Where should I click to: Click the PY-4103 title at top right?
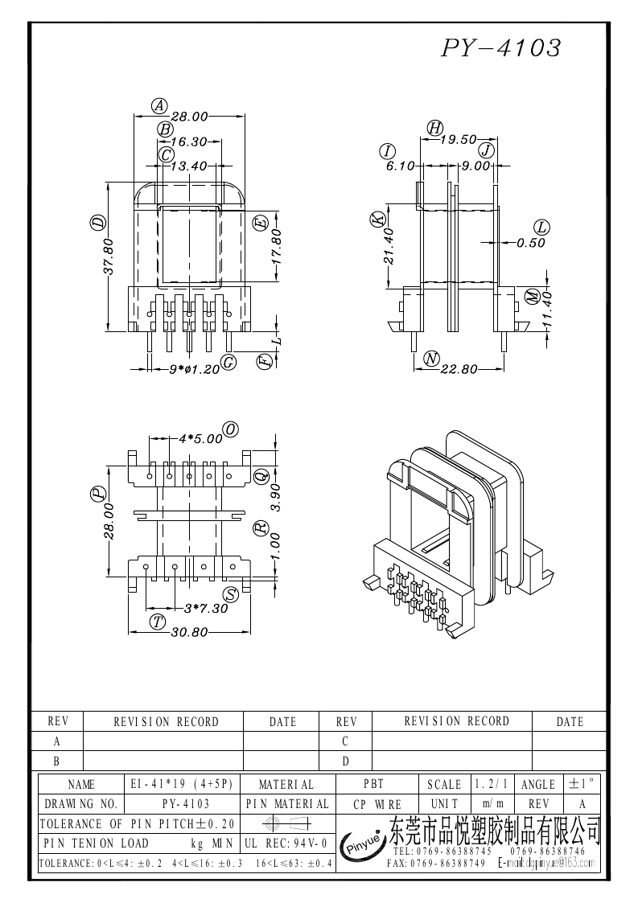[500, 48]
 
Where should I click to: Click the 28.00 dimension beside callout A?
[189, 117]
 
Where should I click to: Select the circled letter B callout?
[164, 129]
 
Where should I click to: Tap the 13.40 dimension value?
[189, 166]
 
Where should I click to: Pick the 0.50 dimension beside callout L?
[531, 242]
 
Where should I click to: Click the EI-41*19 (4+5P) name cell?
[181, 784]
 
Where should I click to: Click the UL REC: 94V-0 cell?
[285, 843]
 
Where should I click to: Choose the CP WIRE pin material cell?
[377, 804]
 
